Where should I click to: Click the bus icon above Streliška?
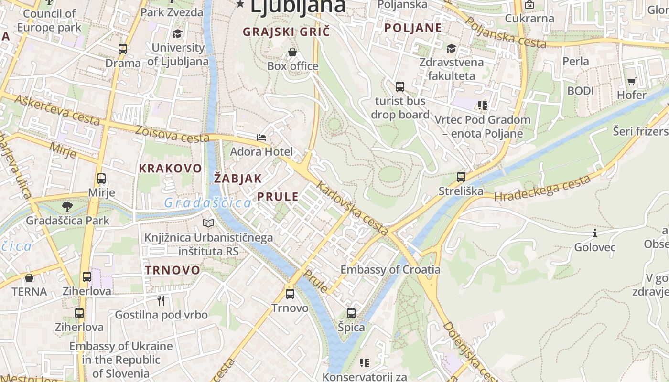[x=461, y=177]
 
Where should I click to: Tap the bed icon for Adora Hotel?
[x=261, y=138]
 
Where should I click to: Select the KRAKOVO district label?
[x=170, y=168]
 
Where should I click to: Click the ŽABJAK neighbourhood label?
[x=237, y=179]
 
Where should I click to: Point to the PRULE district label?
[x=278, y=196]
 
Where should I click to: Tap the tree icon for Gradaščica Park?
[x=67, y=207]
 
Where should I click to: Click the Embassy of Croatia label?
[x=390, y=269]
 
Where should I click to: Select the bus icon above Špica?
[x=351, y=313]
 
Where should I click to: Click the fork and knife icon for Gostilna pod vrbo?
[x=161, y=300]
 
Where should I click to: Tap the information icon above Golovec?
[x=595, y=233]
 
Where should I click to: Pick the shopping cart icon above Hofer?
[x=631, y=81]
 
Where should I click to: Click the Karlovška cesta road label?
[x=352, y=209]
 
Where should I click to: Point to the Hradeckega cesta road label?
[x=542, y=189]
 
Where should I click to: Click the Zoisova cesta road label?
[x=172, y=134]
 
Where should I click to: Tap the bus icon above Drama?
[x=123, y=49]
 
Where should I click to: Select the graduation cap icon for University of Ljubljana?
[x=178, y=33]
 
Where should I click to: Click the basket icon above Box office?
[x=292, y=52]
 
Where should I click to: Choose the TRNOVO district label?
[x=173, y=270]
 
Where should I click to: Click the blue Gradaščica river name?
[x=207, y=203]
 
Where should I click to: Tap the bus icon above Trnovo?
[x=290, y=294]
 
